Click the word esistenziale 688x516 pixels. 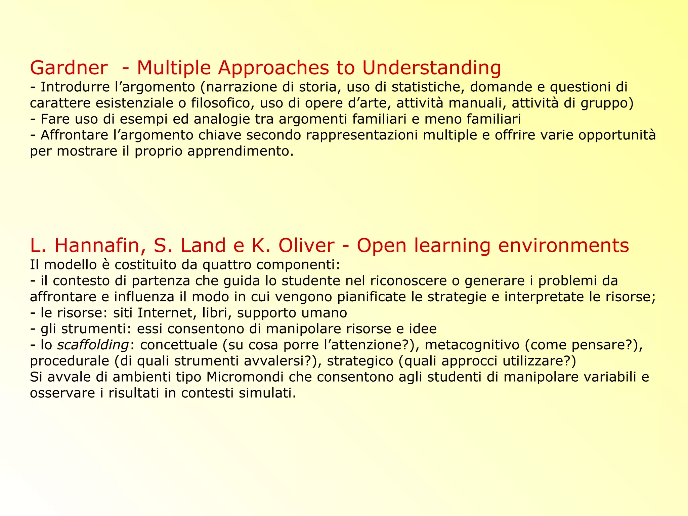click(x=135, y=103)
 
